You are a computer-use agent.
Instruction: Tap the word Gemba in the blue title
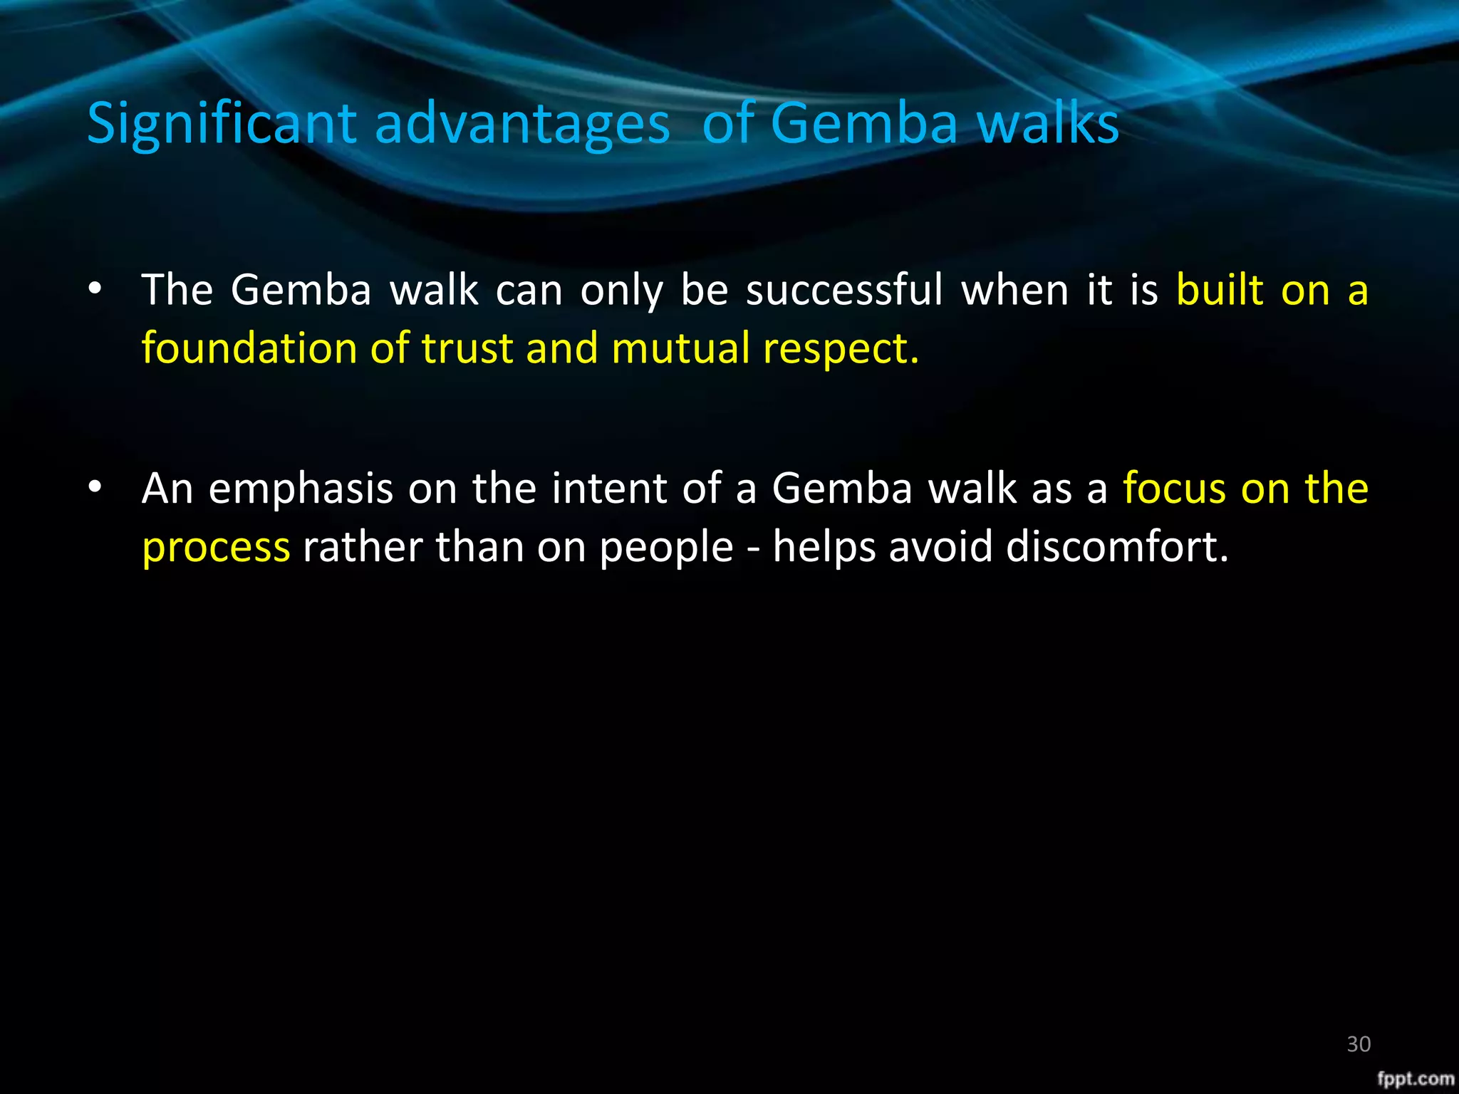pos(864,123)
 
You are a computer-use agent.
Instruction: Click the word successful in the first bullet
pos(844,291)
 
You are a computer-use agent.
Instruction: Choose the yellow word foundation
pos(249,348)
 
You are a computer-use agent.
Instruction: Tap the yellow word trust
pos(467,348)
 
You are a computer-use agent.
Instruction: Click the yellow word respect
pos(841,350)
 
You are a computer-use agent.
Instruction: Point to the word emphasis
pos(301,489)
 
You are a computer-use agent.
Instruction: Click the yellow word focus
pos(1173,489)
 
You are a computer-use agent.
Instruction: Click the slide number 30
pos(1359,1044)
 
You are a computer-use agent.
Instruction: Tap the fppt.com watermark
pos(1416,1078)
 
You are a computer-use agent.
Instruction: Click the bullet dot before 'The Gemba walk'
pos(95,289)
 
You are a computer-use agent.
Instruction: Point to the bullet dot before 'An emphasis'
pos(95,488)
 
